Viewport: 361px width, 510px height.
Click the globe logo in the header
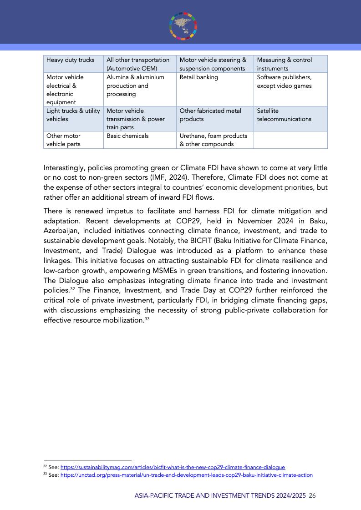pyautogui.click(x=183, y=26)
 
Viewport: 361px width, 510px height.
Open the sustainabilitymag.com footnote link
pyautogui.click(x=173, y=467)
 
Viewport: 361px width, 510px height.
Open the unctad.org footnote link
pyautogui.click(x=187, y=475)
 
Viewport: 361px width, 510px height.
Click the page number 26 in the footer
pyautogui.click(x=312, y=495)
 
